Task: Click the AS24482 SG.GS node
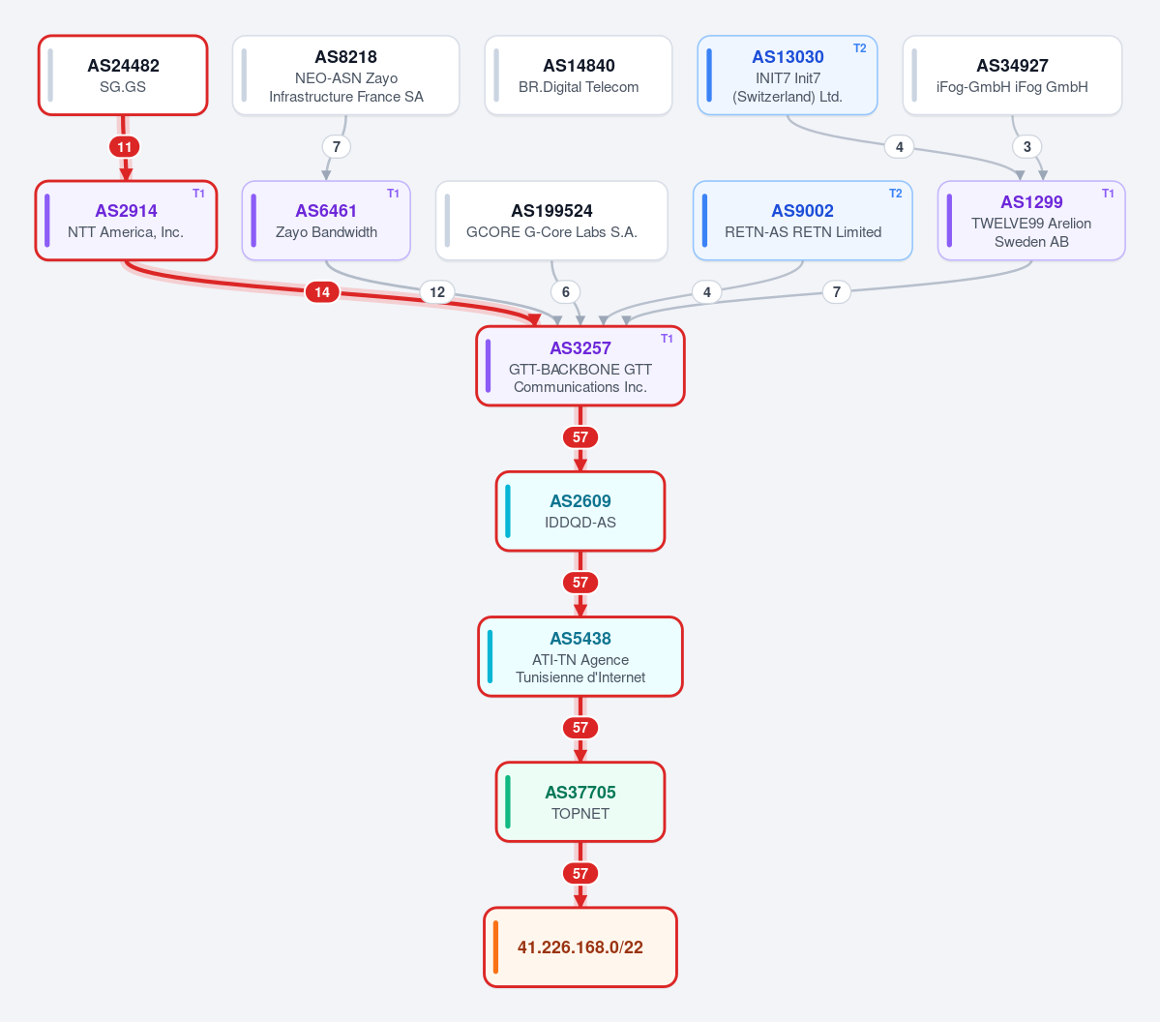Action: point(123,75)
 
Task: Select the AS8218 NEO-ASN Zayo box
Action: point(345,75)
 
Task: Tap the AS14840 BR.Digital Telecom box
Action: point(579,75)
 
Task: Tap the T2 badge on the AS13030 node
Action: point(860,48)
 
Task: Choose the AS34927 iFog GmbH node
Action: point(1012,75)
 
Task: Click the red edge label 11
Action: point(124,146)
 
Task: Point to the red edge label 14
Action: point(322,292)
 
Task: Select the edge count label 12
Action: point(437,292)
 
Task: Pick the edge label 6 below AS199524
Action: point(566,292)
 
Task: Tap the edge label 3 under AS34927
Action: point(1026,146)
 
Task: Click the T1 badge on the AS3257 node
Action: point(667,338)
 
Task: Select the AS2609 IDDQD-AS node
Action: point(580,511)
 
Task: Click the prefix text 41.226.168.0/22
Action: point(580,947)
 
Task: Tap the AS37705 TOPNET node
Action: point(580,802)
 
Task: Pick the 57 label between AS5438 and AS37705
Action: point(580,728)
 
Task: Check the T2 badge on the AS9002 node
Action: point(895,194)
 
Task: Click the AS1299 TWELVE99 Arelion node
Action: point(1031,221)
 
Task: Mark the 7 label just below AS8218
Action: point(337,146)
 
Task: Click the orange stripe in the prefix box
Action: point(495,947)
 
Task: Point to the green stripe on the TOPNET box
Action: point(508,802)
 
